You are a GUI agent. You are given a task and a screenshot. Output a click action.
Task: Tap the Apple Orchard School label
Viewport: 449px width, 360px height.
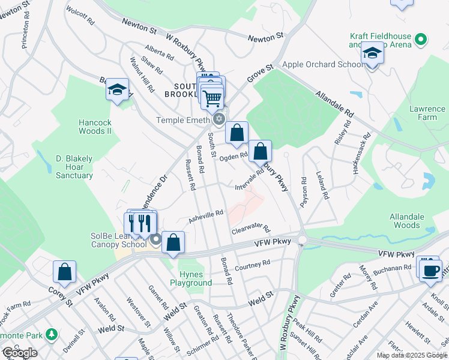315,65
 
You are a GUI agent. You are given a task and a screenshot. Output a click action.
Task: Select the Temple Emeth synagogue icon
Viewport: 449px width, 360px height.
219,119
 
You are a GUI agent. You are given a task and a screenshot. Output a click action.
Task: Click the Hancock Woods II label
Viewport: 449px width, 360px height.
95,126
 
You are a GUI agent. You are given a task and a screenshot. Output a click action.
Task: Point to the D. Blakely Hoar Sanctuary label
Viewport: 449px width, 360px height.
74,167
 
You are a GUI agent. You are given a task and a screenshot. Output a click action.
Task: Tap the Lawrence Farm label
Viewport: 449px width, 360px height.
427,113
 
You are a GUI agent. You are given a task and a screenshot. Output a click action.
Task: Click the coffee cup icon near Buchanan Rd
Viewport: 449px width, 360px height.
430,269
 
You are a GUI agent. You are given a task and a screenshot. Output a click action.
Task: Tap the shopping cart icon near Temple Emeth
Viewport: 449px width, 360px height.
212,98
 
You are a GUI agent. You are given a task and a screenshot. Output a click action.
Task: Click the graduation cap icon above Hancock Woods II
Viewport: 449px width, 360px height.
117,91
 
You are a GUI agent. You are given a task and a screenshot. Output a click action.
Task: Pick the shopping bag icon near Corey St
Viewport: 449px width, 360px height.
64,272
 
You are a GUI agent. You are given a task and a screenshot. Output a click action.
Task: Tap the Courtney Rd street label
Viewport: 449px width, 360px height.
253,265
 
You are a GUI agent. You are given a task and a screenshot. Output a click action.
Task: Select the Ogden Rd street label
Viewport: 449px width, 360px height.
234,157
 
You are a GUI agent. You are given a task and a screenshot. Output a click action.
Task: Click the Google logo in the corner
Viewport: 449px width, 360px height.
20,353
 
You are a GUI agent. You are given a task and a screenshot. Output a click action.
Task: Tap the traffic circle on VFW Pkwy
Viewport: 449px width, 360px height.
302,241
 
